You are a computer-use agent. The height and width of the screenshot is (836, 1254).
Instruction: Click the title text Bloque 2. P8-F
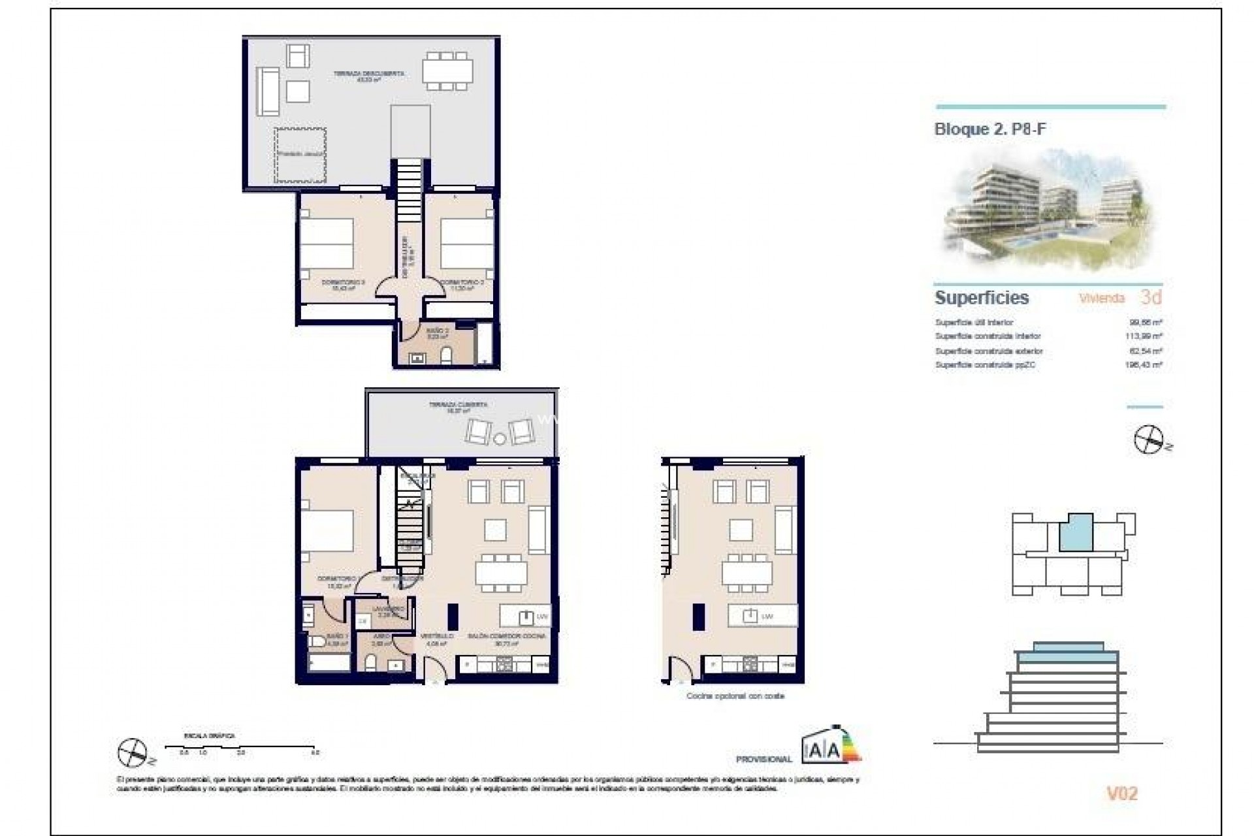[x=989, y=129]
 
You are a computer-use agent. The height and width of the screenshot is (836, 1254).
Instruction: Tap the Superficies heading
[x=982, y=298]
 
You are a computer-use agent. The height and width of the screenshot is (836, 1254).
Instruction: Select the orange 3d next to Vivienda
[x=1151, y=298]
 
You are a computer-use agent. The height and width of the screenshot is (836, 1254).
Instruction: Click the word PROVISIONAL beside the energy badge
[x=764, y=760]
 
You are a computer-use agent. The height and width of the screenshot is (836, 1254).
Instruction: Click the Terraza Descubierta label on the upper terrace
[x=368, y=74]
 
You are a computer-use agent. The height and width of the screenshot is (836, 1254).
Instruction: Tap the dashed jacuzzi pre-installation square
[x=300, y=155]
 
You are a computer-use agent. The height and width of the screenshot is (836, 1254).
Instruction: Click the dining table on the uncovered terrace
[x=447, y=71]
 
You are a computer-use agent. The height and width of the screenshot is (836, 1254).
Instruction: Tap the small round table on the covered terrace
[x=500, y=438]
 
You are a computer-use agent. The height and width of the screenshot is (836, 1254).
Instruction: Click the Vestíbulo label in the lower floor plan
[x=436, y=635]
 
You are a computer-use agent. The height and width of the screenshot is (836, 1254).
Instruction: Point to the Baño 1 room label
[x=338, y=636]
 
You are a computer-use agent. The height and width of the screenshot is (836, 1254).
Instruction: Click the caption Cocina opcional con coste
[x=735, y=696]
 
